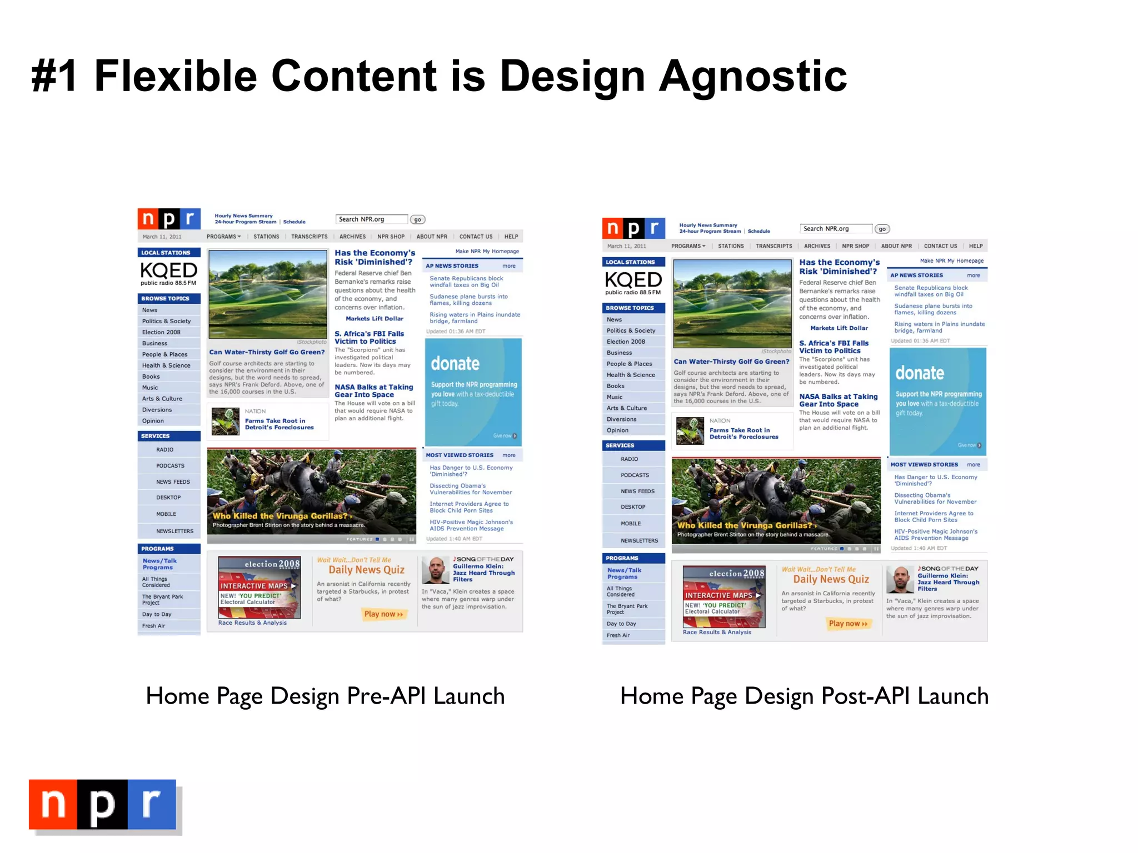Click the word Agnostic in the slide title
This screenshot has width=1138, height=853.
coord(753,77)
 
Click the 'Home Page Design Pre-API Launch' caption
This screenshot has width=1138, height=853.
coord(325,696)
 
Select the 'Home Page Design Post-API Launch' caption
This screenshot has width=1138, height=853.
coord(804,696)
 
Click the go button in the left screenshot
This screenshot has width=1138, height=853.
coord(417,220)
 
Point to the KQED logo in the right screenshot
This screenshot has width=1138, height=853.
coord(633,282)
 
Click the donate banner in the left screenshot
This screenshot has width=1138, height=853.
coord(473,392)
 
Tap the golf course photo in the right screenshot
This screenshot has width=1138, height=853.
coord(732,304)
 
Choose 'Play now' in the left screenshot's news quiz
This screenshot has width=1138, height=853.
coord(383,614)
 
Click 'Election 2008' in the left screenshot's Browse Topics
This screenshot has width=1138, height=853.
coord(161,332)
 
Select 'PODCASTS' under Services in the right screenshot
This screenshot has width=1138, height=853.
coord(635,475)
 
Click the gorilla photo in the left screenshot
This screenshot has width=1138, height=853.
coord(311,491)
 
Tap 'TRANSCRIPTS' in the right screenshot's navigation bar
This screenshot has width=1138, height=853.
coord(773,246)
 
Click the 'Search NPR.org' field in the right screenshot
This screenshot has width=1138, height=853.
coord(836,229)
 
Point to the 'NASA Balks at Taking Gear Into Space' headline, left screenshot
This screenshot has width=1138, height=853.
coord(373,391)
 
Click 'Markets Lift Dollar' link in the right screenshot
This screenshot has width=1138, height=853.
coord(839,328)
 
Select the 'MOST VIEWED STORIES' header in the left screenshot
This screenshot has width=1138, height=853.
coord(460,455)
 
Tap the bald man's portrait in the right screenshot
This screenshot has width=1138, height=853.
coord(900,580)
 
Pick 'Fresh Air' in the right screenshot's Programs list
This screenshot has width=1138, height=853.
coord(618,635)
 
